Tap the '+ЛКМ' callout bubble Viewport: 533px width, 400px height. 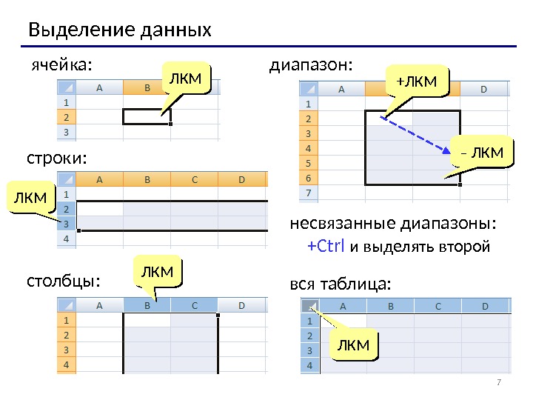[417, 80]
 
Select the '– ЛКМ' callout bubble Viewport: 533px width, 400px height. [481, 153]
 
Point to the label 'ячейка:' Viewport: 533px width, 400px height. [62, 64]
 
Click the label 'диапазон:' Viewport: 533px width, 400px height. [311, 64]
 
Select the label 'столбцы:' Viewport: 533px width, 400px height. [63, 282]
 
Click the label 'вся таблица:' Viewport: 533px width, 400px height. [339, 284]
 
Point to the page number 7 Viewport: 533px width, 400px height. [498, 382]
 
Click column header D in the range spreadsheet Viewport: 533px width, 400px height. [484, 90]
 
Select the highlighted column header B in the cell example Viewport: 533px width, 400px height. [147, 87]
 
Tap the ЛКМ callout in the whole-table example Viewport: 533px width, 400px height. [352, 346]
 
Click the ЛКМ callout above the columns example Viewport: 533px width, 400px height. [157, 273]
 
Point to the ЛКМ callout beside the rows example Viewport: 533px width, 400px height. [30, 197]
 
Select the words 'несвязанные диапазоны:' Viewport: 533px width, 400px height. [392, 224]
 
